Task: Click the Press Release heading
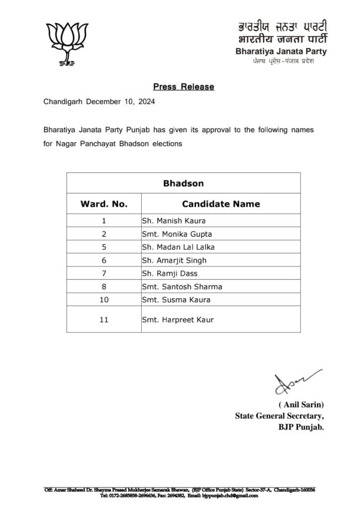coord(183,87)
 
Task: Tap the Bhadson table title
coord(183,183)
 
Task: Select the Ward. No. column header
coord(104,204)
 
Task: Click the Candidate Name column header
coord(221,204)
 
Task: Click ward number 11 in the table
coord(104,320)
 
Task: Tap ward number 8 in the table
coord(104,287)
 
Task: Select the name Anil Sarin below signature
coord(298,404)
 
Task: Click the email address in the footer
coord(230,496)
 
